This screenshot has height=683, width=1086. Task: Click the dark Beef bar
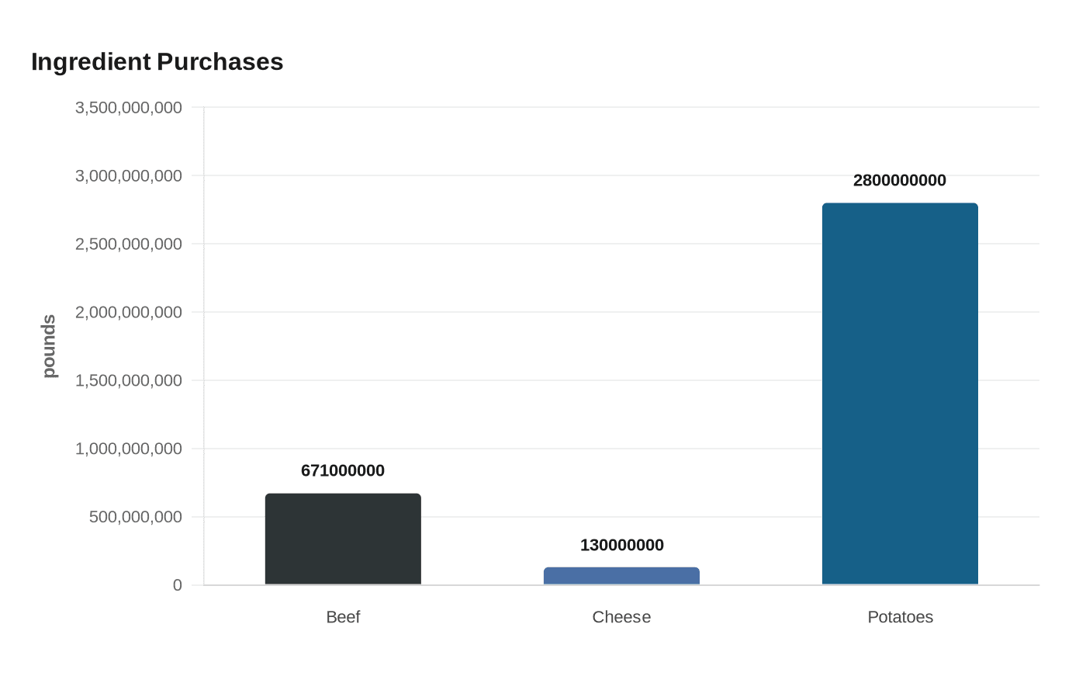[x=343, y=539]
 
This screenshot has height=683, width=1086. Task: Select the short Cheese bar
[x=621, y=576]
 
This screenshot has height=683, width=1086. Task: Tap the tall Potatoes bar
[x=900, y=394]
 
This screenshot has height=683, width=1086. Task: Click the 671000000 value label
[x=343, y=470]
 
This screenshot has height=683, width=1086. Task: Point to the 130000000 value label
[x=621, y=545]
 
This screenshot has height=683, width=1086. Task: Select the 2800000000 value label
[x=900, y=180]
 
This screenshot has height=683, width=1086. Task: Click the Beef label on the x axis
[x=343, y=617]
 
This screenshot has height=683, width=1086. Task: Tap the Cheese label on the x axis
[x=621, y=617]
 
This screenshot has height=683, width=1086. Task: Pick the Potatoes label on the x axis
[x=900, y=617]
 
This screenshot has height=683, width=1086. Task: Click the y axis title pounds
[x=50, y=346]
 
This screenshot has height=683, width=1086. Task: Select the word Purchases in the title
[x=220, y=62]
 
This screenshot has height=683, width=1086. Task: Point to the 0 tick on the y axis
[x=178, y=585]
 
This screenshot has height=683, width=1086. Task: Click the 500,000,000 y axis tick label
[x=136, y=517]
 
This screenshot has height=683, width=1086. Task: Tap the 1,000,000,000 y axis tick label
[x=129, y=449]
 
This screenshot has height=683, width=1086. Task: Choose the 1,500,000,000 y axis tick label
[x=129, y=380]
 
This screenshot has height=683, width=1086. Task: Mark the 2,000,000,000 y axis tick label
[x=129, y=312]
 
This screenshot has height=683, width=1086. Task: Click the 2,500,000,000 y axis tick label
[x=129, y=244]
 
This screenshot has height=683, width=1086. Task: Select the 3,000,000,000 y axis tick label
[x=129, y=175]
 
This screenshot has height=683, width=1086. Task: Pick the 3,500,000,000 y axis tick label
[x=129, y=107]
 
